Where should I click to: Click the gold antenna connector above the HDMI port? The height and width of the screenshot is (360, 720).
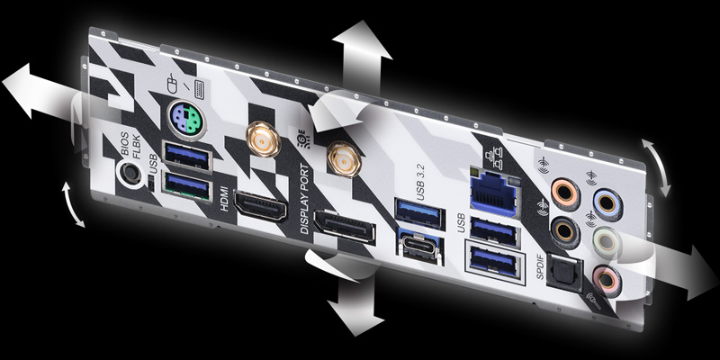coord(262,139)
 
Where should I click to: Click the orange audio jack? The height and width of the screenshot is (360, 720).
coord(565,191)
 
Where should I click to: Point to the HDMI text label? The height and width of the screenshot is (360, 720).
coord(223,196)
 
